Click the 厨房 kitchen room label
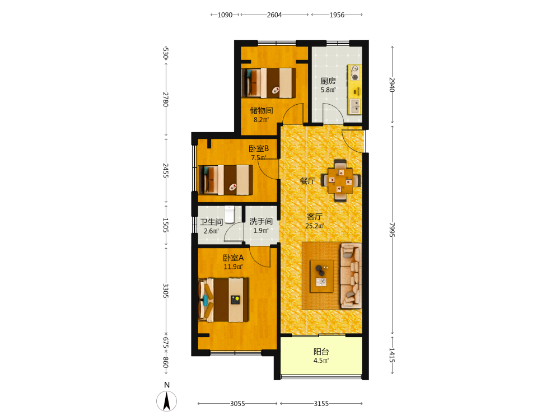point(328,81)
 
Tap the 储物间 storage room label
point(262,111)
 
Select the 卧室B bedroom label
point(259,148)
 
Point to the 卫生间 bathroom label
point(212,222)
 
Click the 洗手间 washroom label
point(261,221)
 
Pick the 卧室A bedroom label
point(233,258)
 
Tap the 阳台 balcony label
point(321,352)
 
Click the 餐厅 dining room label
point(307,181)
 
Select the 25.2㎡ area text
point(315,226)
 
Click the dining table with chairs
point(340,181)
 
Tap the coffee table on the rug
point(321,276)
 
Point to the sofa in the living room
point(351,276)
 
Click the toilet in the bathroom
point(229,214)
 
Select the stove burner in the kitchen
point(354,72)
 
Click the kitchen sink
point(356,106)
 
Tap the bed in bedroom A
point(223,300)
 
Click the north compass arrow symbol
point(166,401)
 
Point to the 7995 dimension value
point(392,230)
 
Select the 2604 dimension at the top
point(274,15)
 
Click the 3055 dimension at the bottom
point(237,404)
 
